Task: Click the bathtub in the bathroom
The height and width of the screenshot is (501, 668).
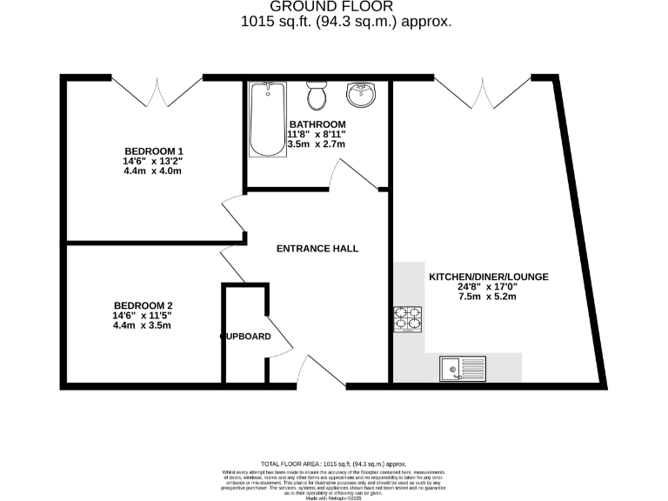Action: [263, 119]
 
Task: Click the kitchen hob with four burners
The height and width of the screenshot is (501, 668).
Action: [408, 319]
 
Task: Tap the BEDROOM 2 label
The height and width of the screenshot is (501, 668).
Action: [143, 305]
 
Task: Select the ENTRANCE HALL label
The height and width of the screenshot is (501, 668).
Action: [317, 249]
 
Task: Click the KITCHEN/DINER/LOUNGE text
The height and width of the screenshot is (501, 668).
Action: [488, 277]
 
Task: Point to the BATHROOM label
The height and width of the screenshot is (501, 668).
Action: [317, 124]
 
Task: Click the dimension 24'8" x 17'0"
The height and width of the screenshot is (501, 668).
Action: [488, 287]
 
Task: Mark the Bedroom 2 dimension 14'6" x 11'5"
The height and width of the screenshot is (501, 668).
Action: [143, 316]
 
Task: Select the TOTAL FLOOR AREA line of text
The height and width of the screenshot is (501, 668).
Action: [334, 464]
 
